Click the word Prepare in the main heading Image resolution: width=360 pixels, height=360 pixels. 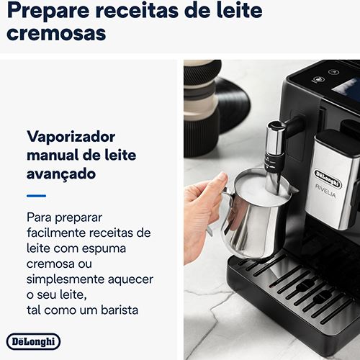(48, 11)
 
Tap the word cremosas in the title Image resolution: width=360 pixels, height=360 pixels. (56, 33)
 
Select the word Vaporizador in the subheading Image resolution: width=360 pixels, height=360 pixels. (71, 138)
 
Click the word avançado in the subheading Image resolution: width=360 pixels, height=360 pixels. (61, 174)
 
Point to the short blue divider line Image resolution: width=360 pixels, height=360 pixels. (36, 196)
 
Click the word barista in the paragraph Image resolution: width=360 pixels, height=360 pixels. (120, 310)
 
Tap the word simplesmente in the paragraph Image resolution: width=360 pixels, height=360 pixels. (65, 280)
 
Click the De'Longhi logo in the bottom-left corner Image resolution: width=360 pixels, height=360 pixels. (33, 341)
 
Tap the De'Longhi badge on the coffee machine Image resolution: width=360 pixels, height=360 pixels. (328, 178)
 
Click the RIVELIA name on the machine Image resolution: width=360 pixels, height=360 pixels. (325, 192)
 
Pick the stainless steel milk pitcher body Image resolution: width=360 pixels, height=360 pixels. (252, 225)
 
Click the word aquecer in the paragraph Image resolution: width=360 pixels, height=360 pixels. (130, 280)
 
